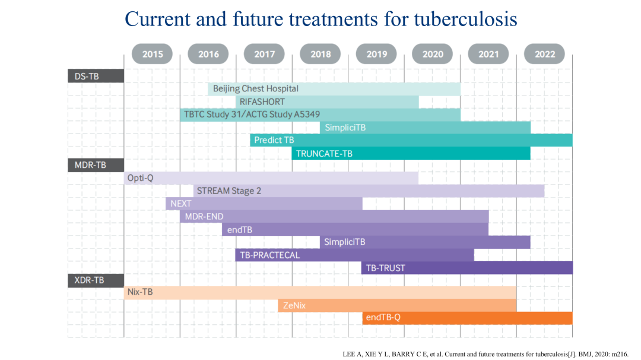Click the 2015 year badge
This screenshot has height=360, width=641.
coord(152,54)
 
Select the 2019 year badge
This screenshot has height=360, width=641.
coord(376,54)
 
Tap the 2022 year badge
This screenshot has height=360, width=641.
coord(544,54)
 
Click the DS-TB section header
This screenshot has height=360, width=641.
coord(96,76)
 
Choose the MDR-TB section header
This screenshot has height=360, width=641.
coord(96,165)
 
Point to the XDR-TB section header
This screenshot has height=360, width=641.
coord(96,281)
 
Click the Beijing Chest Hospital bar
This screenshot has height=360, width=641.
coord(334,89)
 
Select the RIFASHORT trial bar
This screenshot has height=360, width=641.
coord(327,102)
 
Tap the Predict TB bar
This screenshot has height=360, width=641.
coord(411,140)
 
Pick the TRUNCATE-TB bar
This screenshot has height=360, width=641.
coord(411,154)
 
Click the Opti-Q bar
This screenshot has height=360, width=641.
coord(271,178)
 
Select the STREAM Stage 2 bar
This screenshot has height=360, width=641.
coord(369,191)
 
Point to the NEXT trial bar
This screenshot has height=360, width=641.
coord(264,203)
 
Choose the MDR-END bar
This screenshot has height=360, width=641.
coord(334,216)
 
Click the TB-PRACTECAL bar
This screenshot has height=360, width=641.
coord(354,255)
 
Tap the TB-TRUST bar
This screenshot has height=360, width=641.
coord(467,267)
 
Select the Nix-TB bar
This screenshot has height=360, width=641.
coord(320,292)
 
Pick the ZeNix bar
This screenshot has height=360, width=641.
coord(397,305)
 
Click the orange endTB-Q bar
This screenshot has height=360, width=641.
coord(467,318)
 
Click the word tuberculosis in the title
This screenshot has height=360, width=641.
coord(466,19)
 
